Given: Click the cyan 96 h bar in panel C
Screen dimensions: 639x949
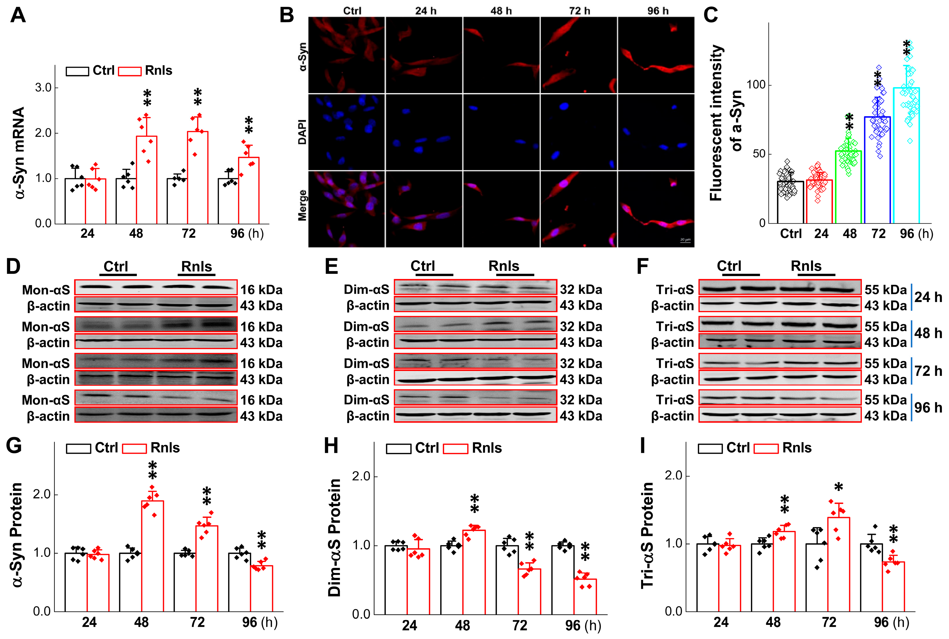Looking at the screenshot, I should (906, 155).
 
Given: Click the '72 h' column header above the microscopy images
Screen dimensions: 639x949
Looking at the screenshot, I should (579, 11).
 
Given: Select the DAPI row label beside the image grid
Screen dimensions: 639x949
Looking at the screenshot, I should (302, 132).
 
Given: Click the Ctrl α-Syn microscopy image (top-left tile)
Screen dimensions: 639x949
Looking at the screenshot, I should (346, 55).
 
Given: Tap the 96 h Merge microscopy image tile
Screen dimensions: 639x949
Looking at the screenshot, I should (656, 209).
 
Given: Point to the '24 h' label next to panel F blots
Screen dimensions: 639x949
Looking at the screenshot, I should (928, 297).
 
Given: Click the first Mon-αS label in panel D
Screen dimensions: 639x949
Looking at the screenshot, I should (46, 290).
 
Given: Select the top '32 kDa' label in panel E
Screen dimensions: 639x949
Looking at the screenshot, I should (581, 289).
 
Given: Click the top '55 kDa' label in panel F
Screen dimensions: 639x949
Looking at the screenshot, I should (886, 289).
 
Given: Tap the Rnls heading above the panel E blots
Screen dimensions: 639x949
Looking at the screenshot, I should (504, 266).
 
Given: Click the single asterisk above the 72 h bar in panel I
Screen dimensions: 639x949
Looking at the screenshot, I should (838, 487).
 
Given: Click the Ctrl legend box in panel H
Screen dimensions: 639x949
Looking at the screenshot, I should (398, 449).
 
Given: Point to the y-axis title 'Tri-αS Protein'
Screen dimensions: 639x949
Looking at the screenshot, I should (647, 535).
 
